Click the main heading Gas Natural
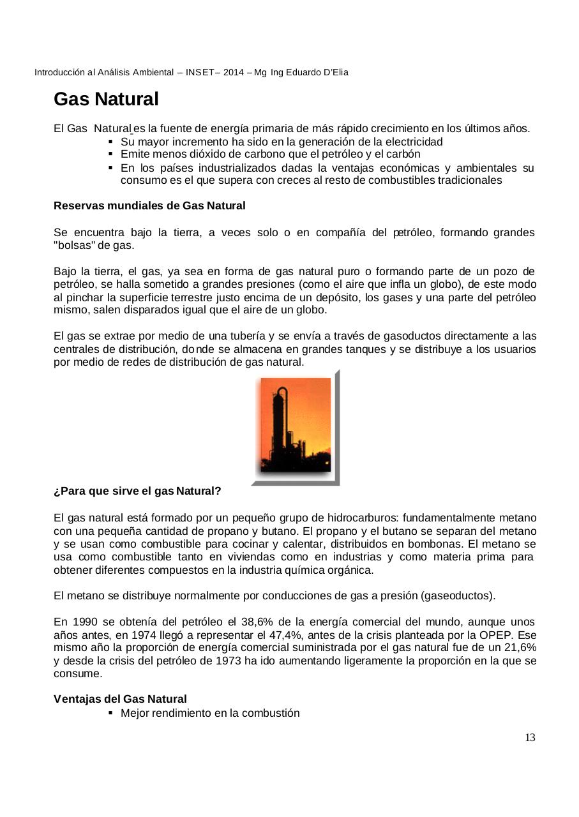tap(106, 100)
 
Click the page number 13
tap(530, 738)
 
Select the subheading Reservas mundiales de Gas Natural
tap(149, 206)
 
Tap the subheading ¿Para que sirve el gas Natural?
tap(137, 491)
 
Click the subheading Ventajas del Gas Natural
tap(120, 700)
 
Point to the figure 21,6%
tap(520, 648)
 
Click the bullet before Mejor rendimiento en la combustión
tap(111, 712)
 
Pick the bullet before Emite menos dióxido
tap(111, 154)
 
